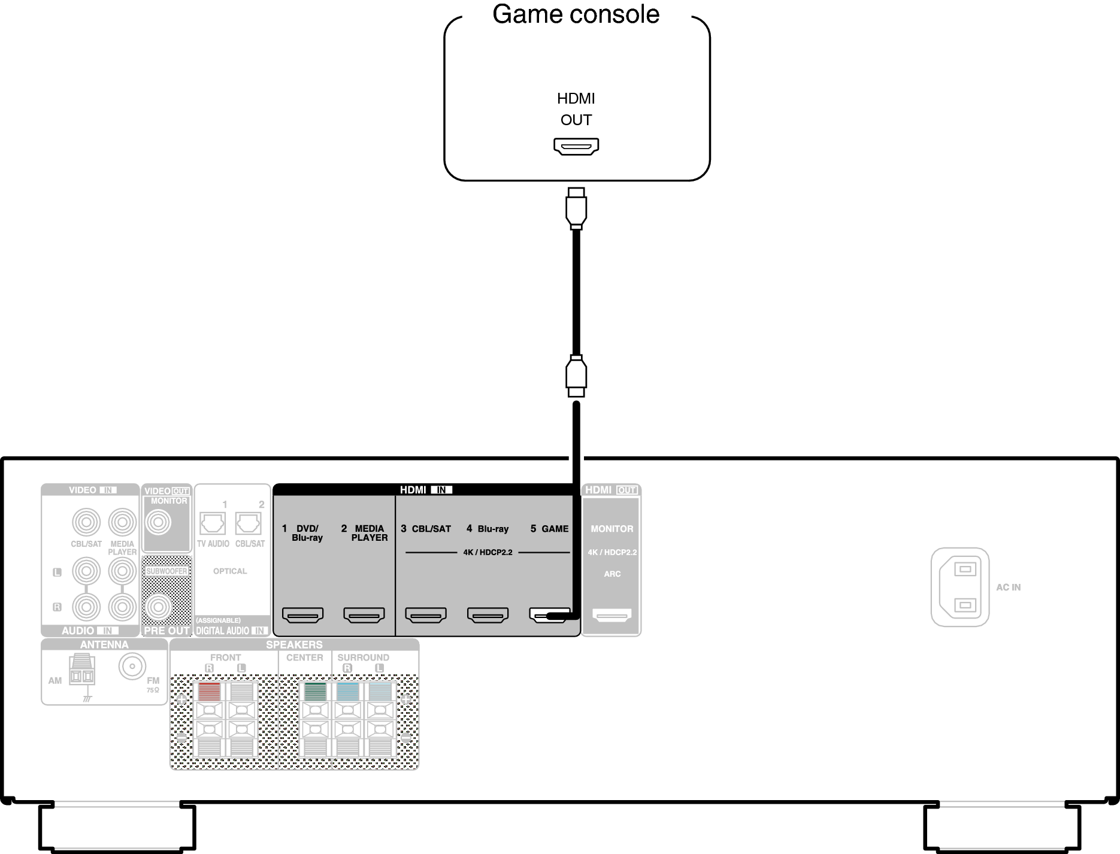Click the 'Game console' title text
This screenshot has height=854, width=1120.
tap(576, 14)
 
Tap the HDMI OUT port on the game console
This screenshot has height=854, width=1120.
tap(576, 146)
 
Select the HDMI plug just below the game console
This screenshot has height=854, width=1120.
tap(576, 208)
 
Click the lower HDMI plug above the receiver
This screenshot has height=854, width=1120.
tap(576, 375)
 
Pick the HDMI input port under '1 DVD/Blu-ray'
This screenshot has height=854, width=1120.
tap(302, 615)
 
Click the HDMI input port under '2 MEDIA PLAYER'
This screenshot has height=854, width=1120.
tap(364, 615)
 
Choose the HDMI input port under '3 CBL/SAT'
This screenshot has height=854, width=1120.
tap(426, 615)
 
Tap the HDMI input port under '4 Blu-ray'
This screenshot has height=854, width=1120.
tap(488, 615)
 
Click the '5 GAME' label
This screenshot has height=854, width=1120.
tap(549, 529)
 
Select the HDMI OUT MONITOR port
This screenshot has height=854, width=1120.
tap(612, 615)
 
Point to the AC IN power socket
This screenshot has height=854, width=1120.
tap(960, 587)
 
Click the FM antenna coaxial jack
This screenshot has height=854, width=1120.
tap(132, 666)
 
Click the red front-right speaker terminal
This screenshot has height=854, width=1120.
tap(209, 692)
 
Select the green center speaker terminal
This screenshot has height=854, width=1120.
tap(315, 692)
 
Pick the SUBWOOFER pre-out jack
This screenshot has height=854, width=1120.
tap(158, 607)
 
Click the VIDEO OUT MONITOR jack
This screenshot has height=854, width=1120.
tap(158, 523)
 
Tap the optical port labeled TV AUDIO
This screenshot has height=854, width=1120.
tap(212, 523)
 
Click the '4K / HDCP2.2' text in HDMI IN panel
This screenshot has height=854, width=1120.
tap(488, 553)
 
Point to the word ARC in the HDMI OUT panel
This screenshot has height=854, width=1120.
tap(612, 574)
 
